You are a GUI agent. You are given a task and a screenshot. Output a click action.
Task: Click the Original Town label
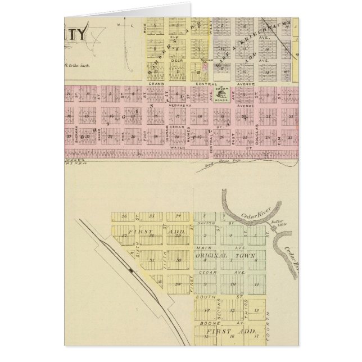pos(225,256)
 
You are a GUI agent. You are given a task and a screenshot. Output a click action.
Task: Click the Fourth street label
pos(268,320)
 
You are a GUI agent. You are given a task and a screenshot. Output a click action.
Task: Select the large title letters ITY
pos(75,35)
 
